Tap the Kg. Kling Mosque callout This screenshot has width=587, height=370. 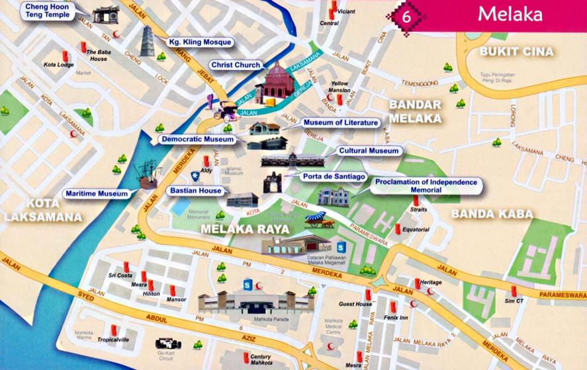click(201, 42)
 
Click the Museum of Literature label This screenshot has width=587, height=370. click(341, 122)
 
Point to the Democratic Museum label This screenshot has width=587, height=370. click(197, 139)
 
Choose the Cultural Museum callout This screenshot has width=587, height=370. click(369, 151)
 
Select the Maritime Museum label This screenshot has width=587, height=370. click(96, 194)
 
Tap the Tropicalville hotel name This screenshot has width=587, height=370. click(113, 340)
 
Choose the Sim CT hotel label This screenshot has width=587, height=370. click(514, 301)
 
